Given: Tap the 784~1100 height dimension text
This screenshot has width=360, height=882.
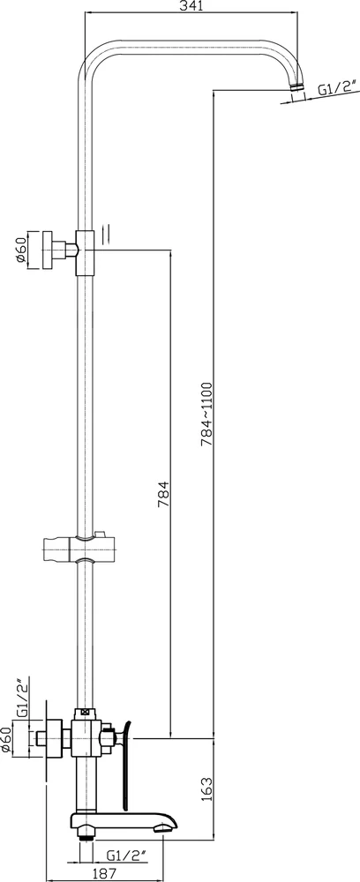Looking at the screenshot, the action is pyautogui.click(x=207, y=414).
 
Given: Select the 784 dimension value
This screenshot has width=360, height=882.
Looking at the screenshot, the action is pyautogui.click(x=164, y=495).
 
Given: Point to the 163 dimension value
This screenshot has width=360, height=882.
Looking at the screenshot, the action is pyautogui.click(x=206, y=789).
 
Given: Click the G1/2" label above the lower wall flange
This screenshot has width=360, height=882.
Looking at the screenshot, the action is pyautogui.click(x=24, y=700).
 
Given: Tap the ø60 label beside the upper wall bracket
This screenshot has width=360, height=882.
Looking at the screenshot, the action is pyautogui.click(x=21, y=250).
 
